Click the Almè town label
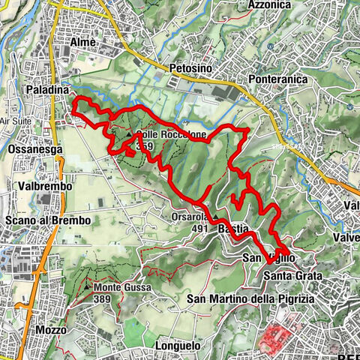(82, 43)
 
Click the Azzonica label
(269, 4)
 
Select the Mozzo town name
(49, 330)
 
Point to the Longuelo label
(178, 345)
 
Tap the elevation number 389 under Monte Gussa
(104, 298)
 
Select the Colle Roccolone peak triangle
(129, 135)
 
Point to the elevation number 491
(198, 229)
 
